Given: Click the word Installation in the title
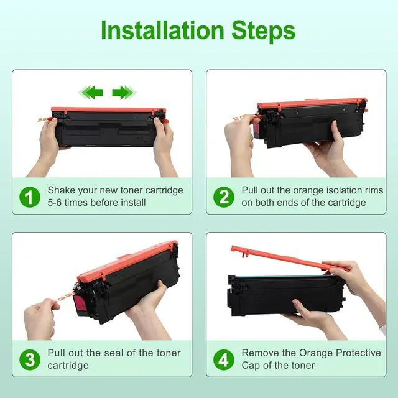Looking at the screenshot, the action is tap(162, 30).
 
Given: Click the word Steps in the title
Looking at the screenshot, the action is tap(263, 32).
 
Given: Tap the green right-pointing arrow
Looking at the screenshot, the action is tap(124, 93).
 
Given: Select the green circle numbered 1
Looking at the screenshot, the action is tap(30, 197).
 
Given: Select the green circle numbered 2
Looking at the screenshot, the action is tap(224, 197).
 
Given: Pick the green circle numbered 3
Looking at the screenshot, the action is tap(30, 359).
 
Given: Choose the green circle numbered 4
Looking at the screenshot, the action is tap(224, 359).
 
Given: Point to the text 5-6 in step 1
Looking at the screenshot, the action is tap(55, 203).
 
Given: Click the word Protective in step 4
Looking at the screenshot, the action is tap(358, 353).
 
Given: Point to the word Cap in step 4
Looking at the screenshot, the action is tap(251, 366).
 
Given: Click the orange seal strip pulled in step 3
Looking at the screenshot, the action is tap(65, 297).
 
